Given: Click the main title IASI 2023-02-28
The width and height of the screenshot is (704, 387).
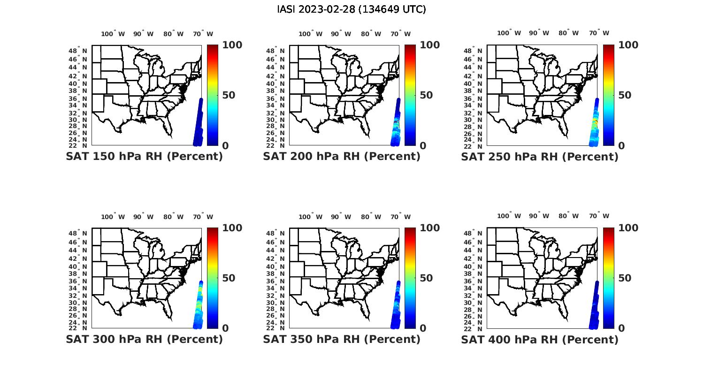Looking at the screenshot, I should click(x=352, y=9).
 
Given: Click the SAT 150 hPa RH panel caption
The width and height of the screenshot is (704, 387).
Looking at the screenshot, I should click(x=144, y=157).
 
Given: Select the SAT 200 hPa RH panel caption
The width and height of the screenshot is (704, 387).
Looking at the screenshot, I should click(x=342, y=157).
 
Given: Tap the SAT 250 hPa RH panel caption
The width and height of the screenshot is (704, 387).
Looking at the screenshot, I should click(x=540, y=157).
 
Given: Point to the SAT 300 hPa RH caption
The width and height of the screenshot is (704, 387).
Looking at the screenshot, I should click(x=144, y=339).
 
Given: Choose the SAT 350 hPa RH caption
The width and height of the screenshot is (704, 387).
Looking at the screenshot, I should click(x=342, y=339).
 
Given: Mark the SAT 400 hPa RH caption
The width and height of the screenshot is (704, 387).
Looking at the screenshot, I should click(x=540, y=339).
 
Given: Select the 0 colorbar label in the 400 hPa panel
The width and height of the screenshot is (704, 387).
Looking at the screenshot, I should click(x=621, y=328).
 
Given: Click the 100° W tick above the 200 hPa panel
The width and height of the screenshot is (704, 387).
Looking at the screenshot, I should click(x=310, y=34).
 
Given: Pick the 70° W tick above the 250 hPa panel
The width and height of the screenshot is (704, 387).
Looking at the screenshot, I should click(x=599, y=33).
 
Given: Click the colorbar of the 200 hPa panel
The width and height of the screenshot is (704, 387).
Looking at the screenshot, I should click(x=410, y=95).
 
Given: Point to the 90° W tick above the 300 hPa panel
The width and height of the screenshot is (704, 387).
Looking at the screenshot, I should click(x=143, y=217).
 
